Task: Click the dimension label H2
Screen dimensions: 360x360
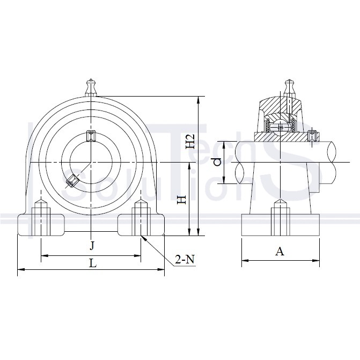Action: pyautogui.click(x=190, y=141)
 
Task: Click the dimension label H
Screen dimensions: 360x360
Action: pyautogui.click(x=182, y=200)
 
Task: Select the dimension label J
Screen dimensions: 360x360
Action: pyautogui.click(x=92, y=246)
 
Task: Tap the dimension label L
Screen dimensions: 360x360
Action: pyautogui.click(x=93, y=263)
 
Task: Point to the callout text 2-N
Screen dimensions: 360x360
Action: pyautogui.click(x=185, y=259)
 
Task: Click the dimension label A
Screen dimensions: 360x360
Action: pyautogui.click(x=280, y=251)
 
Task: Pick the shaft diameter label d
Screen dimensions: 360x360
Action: pyautogui.click(x=217, y=162)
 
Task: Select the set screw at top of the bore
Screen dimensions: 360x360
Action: pyautogui.click(x=91, y=136)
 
